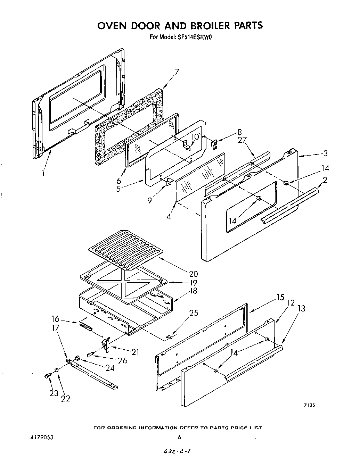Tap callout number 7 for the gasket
click(177, 72)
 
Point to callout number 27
click(242, 140)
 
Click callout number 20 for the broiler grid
click(194, 274)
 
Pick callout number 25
click(194, 313)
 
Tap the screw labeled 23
click(48, 376)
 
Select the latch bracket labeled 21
click(106, 345)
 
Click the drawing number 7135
click(309, 405)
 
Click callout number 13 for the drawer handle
click(302, 308)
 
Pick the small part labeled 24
click(77, 357)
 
